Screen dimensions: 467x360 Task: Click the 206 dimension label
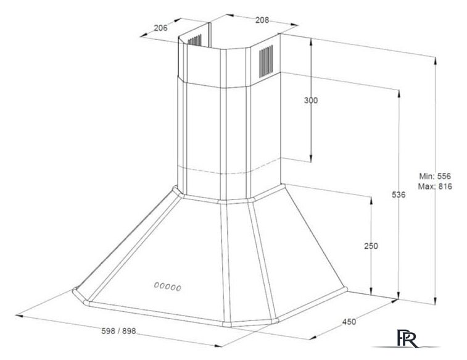(161, 28)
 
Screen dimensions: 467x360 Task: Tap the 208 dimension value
(262, 20)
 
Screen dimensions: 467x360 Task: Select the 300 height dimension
(311, 101)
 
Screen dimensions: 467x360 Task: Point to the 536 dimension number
(399, 195)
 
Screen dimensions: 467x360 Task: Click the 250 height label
(371, 246)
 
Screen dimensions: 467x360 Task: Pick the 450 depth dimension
(349, 322)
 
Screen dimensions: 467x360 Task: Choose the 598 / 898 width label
(118, 331)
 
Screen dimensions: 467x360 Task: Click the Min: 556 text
(435, 176)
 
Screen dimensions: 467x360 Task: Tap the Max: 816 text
(435, 186)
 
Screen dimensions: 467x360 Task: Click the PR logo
(407, 338)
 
